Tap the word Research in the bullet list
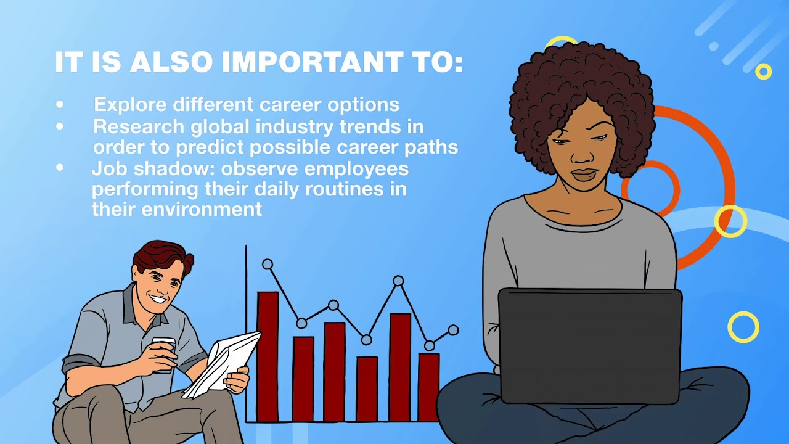139,126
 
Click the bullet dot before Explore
60,105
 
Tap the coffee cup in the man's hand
163,354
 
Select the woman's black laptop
590,345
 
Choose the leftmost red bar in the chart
268,356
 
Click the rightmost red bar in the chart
429,387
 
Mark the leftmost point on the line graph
268,264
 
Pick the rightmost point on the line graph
453,330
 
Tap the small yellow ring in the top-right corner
763,72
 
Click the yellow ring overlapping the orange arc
730,221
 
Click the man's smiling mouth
158,300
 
